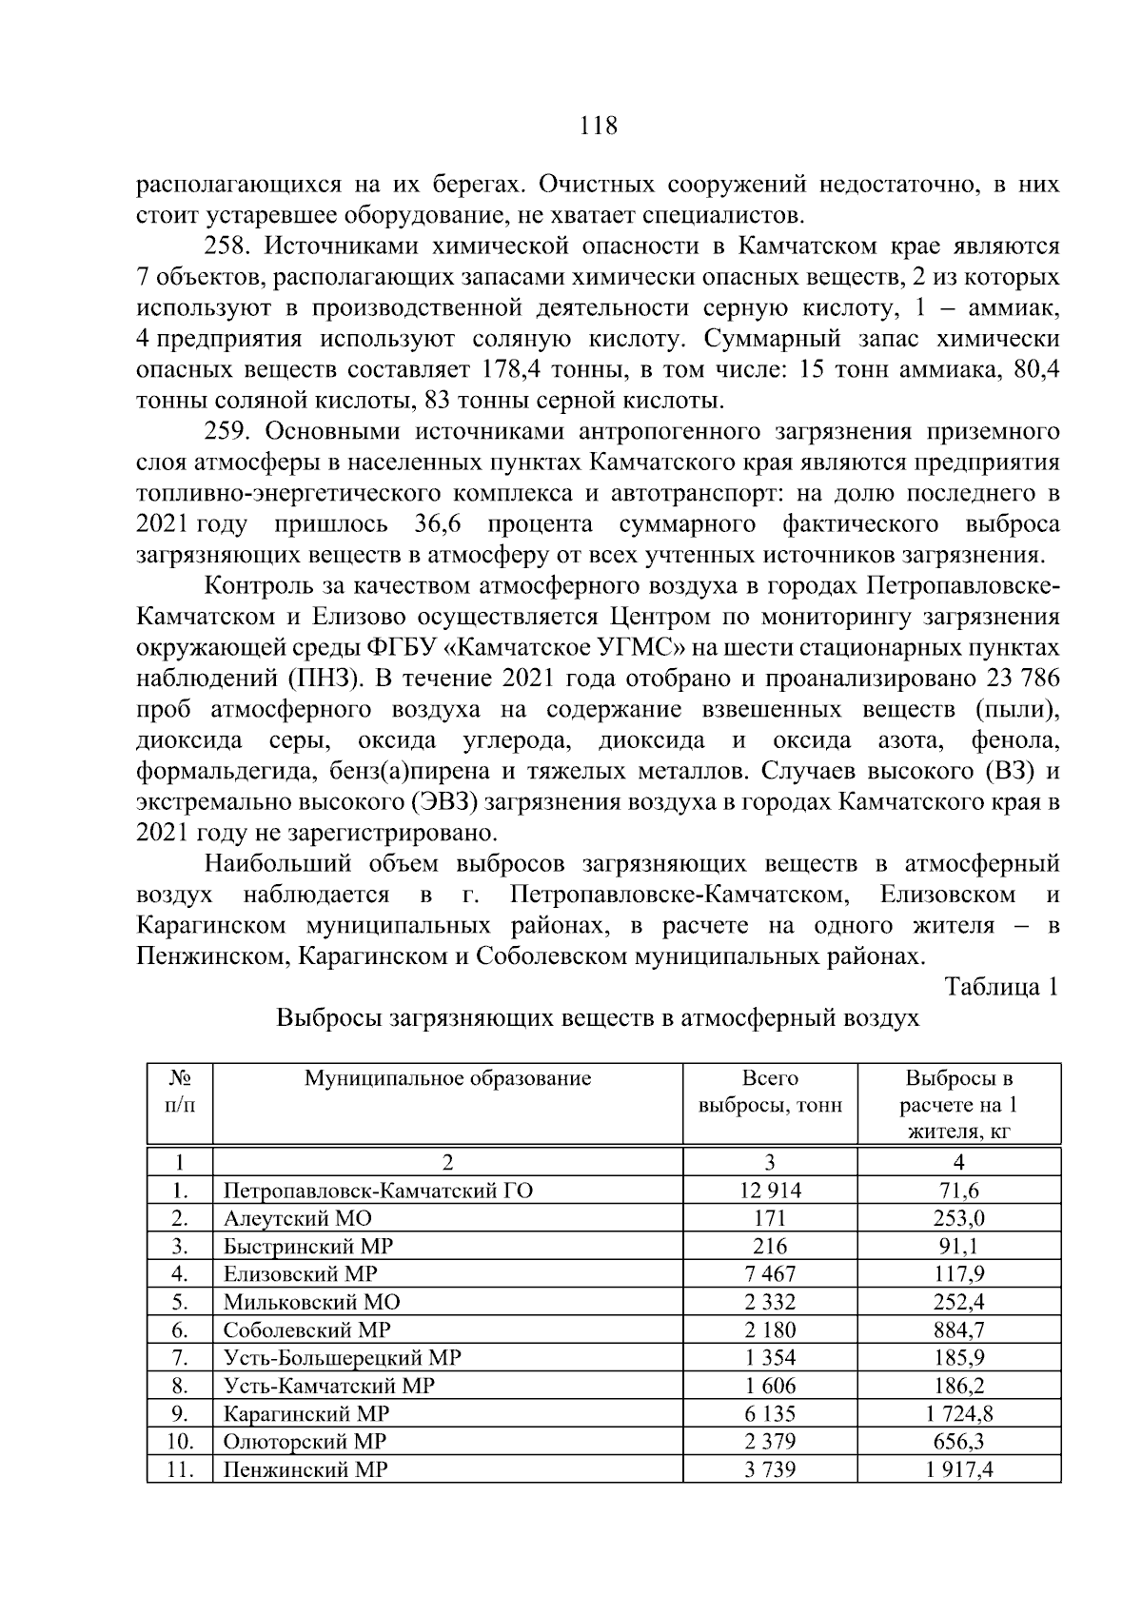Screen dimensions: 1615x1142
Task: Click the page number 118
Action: [x=598, y=125]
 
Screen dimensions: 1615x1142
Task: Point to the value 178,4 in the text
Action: [x=515, y=370]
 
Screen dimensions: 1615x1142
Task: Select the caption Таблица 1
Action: [x=1001, y=987]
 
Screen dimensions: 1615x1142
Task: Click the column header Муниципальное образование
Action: [x=447, y=1078]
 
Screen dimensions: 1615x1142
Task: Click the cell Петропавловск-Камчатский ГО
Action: [x=378, y=1190]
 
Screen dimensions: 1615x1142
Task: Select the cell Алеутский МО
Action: [x=297, y=1218]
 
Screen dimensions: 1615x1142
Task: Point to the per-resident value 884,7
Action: [x=958, y=1329]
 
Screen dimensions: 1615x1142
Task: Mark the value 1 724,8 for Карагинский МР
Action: [x=958, y=1413]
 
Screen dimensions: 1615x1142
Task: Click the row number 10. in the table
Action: [x=180, y=1442]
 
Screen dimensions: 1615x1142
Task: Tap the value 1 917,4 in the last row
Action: [x=958, y=1469]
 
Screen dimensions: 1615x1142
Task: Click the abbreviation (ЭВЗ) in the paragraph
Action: [x=444, y=802]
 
